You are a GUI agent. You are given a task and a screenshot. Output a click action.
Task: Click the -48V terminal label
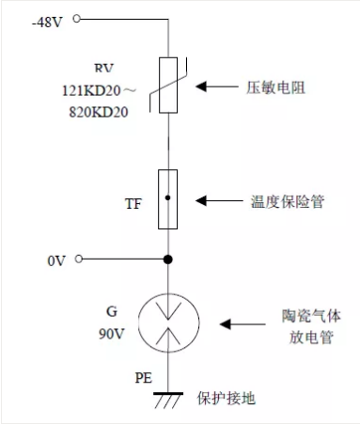[47, 23]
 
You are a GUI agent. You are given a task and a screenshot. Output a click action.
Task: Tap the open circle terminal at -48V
[76, 19]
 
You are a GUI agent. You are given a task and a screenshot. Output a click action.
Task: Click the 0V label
[56, 260]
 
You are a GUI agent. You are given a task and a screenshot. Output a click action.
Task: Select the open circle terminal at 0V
[79, 259]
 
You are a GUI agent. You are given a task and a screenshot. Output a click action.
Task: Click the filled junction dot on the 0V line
[168, 260]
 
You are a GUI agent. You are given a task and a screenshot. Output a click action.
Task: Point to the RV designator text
[103, 68]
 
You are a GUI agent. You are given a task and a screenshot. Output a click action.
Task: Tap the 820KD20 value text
[99, 112]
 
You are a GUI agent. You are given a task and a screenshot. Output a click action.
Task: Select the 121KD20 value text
[91, 90]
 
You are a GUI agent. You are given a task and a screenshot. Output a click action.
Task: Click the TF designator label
[133, 204]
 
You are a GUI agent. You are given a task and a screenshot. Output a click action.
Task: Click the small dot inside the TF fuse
[168, 197]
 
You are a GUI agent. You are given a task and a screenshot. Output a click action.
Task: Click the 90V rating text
[112, 334]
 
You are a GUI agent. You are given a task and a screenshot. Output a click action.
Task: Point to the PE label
[144, 378]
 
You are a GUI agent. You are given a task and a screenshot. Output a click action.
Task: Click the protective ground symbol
[168, 393]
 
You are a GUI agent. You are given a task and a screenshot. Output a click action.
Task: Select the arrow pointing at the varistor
[217, 87]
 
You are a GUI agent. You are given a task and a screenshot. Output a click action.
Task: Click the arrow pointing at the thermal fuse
[219, 200]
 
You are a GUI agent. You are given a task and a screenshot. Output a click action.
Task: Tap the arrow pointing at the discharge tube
[243, 324]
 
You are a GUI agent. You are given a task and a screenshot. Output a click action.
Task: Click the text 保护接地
[227, 399]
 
